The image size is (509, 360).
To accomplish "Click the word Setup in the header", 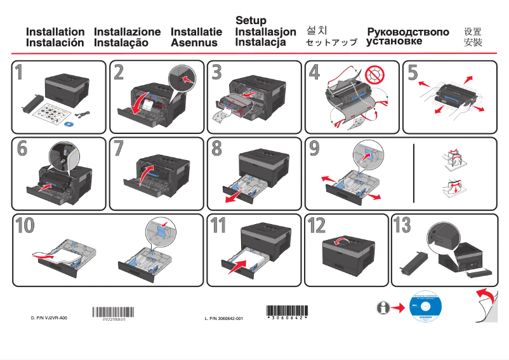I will coord(251,20).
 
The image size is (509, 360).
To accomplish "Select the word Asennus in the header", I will coord(194,43).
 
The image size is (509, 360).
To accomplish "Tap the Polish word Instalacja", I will coord(260,43).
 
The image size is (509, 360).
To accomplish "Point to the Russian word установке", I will coord(394,42).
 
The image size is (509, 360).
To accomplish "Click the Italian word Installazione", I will coord(127,32).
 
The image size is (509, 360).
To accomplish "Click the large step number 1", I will coord(20,73).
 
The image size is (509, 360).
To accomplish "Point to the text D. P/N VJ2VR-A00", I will coord(49,317).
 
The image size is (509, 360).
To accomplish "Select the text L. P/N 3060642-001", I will coord(223,317).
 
